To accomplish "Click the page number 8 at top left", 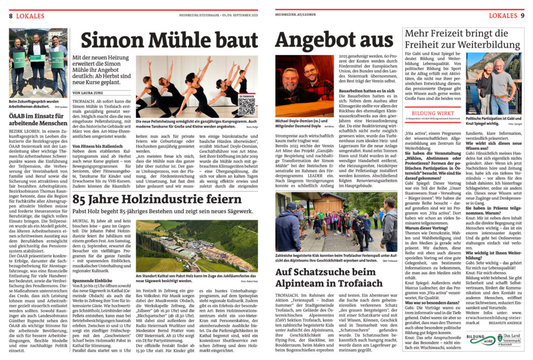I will click(10, 16).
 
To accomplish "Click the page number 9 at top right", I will click(522, 16).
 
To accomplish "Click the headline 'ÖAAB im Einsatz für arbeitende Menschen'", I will click(38, 121).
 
